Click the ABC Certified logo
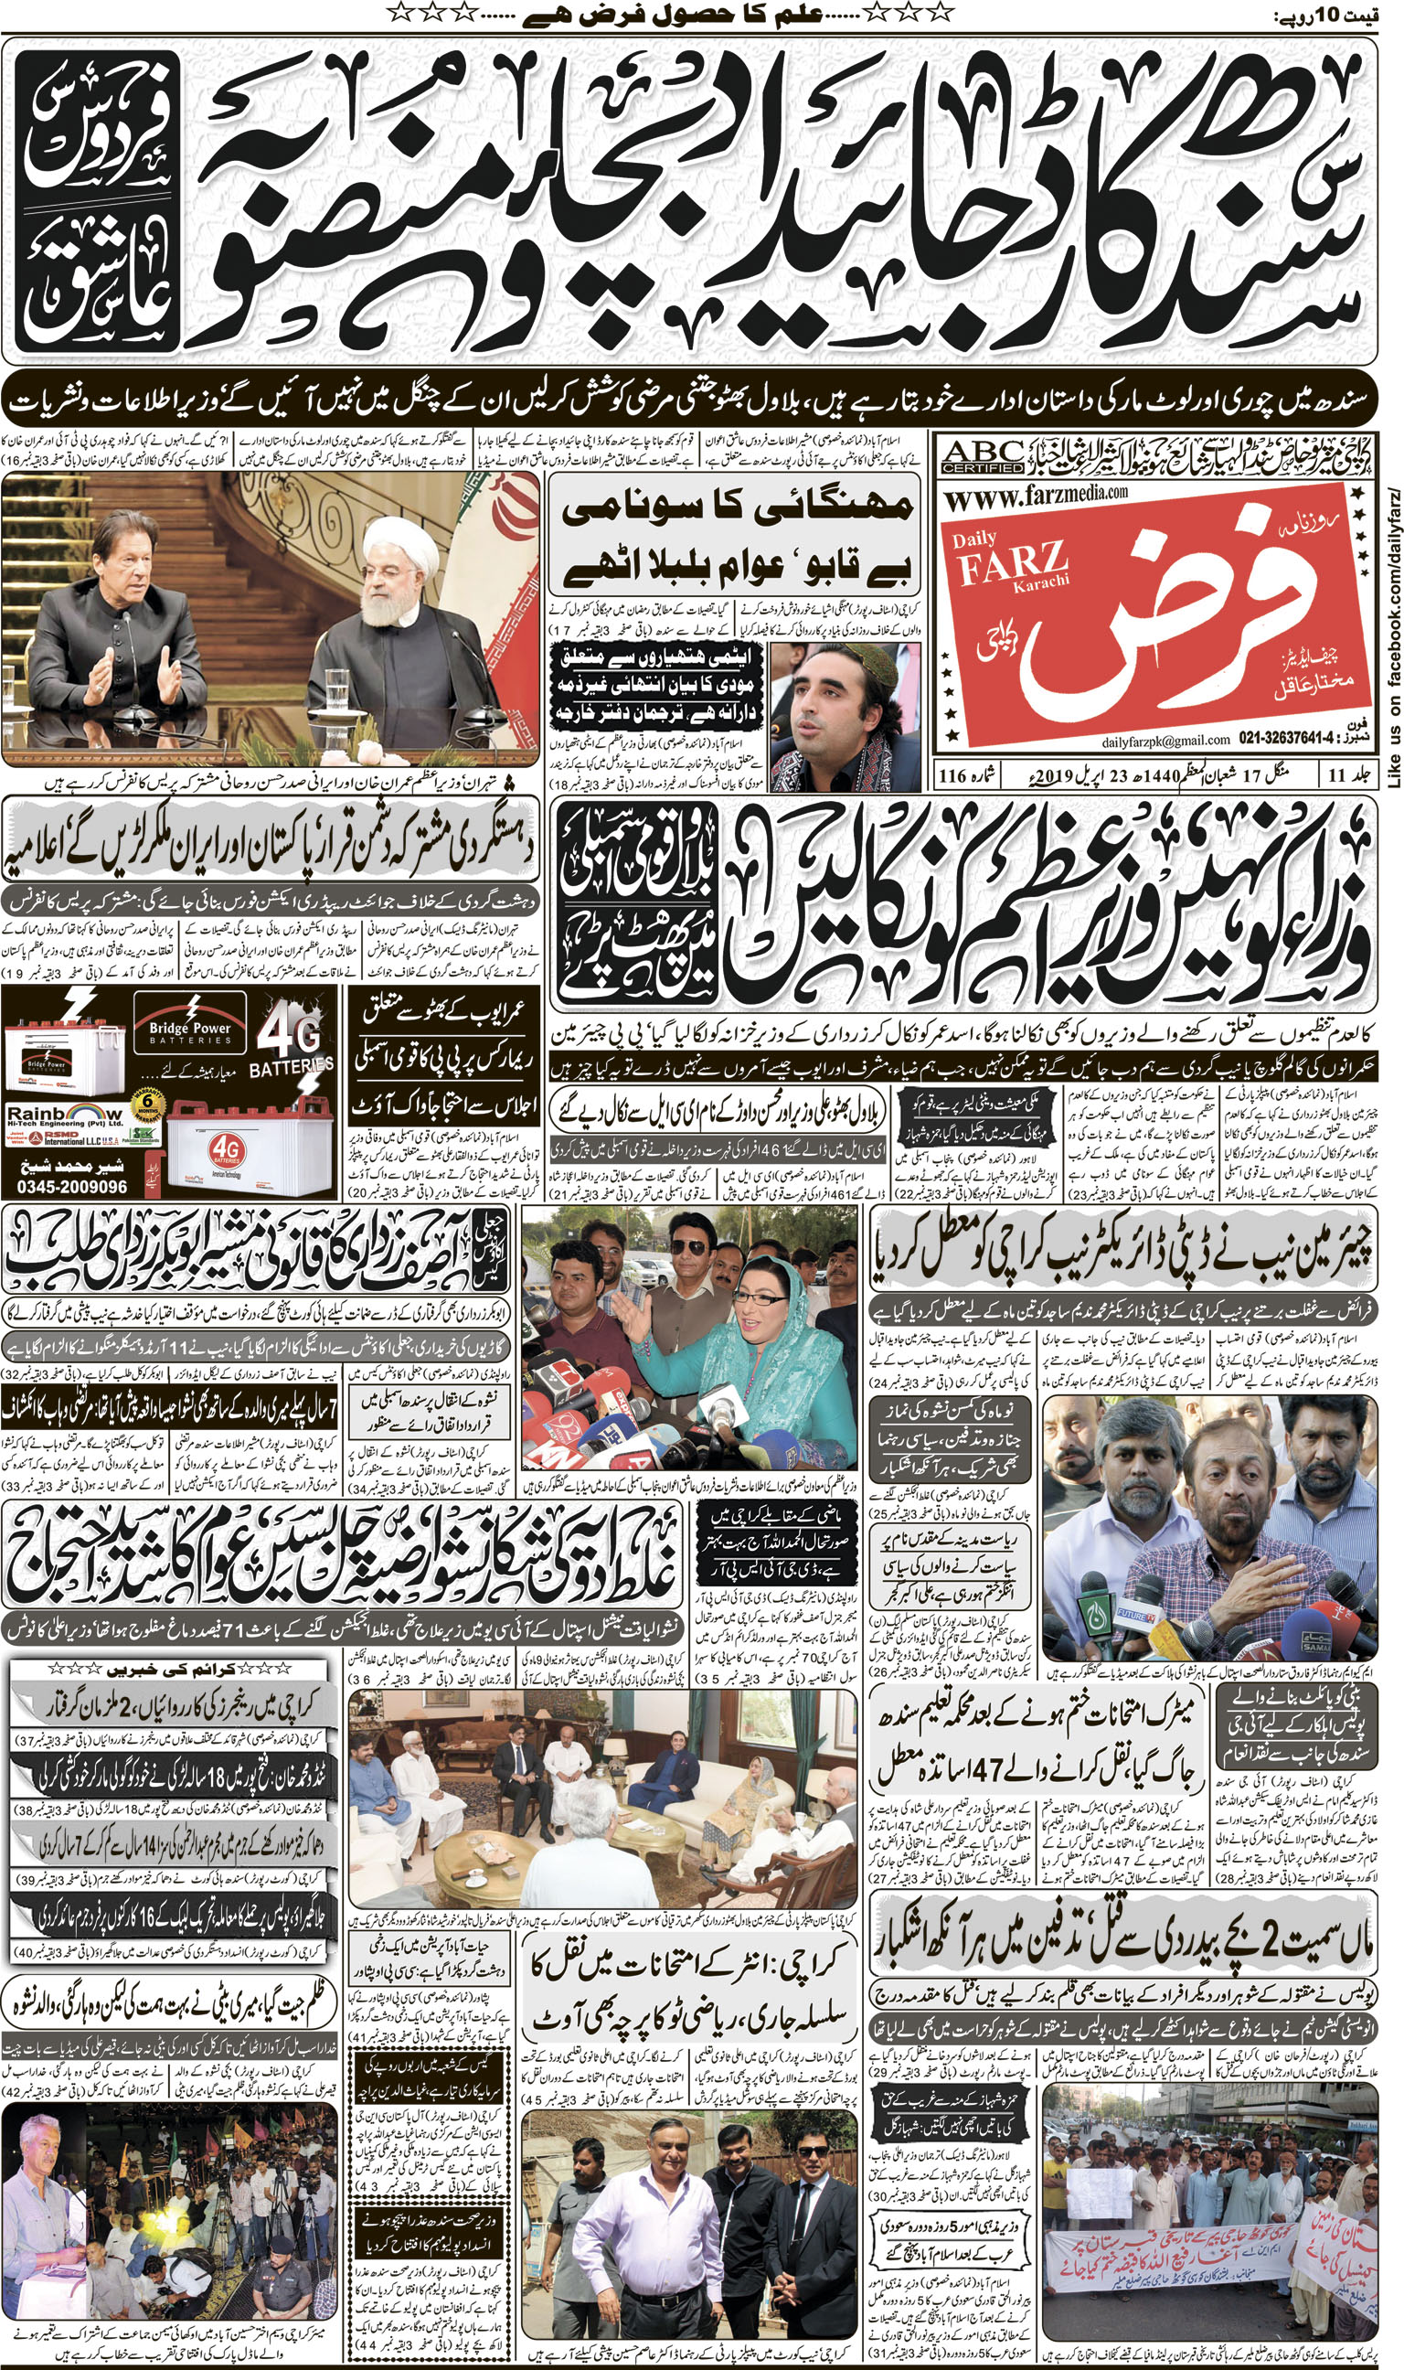(x=984, y=456)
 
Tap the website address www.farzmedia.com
(x=1036, y=493)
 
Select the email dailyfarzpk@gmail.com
(x=1165, y=740)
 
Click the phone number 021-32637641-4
(x=1289, y=740)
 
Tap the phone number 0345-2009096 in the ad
(x=72, y=1187)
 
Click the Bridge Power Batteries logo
(x=190, y=1032)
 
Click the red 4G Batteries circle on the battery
(x=227, y=1149)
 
